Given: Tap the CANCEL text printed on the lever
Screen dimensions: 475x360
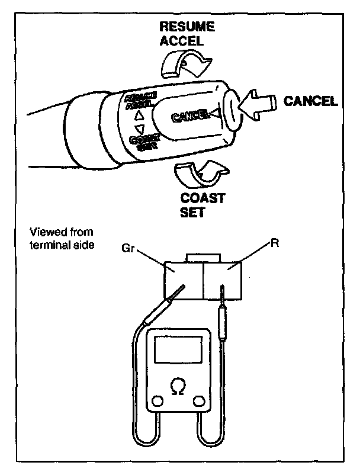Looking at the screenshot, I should (x=189, y=115).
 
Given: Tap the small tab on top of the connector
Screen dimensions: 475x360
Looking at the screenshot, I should (x=203, y=258).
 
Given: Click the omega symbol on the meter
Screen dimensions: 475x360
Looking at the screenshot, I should (x=176, y=386).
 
